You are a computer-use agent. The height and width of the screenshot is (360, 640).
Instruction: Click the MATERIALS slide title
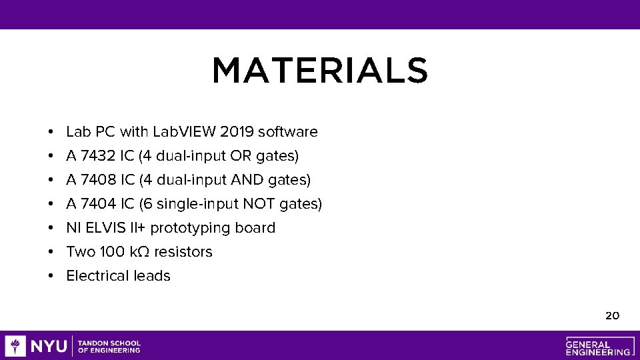pos(319,71)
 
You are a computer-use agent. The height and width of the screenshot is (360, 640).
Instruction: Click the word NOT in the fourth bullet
pos(261,204)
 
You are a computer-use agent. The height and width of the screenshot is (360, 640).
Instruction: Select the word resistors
pos(183,252)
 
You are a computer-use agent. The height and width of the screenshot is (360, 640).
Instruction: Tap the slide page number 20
pos(612,315)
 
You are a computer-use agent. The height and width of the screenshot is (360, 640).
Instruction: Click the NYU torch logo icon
pos(15,346)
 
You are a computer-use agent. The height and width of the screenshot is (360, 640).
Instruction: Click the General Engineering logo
pos(598,346)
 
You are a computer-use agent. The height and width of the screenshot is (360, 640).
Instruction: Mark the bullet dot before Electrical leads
pos(51,276)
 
